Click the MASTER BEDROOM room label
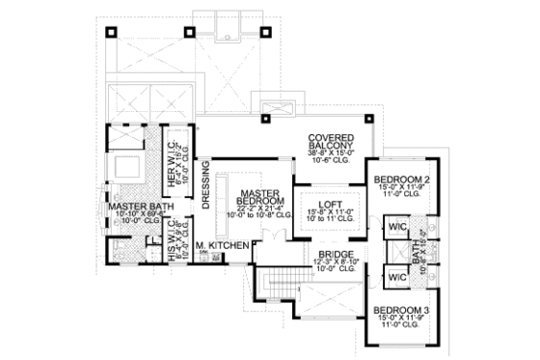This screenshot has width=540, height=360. (260, 199)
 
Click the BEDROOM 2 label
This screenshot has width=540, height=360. (401, 180)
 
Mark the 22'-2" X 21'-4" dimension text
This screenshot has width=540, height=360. (260, 208)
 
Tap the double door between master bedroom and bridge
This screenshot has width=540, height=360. (254, 253)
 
